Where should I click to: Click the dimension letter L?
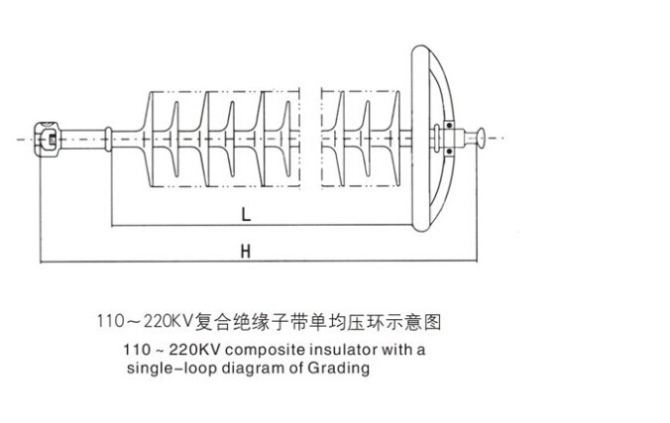point(244,212)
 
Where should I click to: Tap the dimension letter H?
point(245,252)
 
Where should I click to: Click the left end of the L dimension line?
point(110,225)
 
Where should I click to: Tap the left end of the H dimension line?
point(40,263)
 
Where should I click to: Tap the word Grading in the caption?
point(344,370)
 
